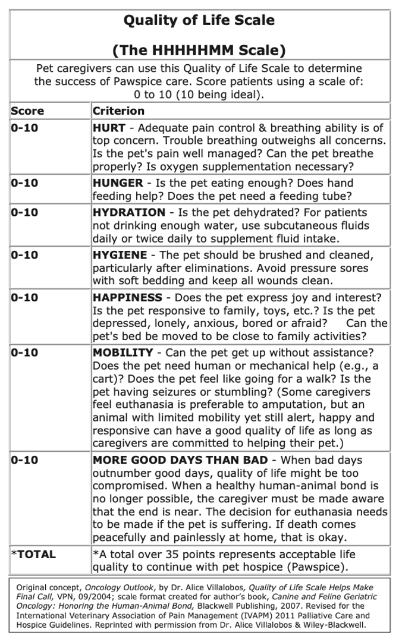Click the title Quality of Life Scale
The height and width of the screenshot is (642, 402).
coord(199,21)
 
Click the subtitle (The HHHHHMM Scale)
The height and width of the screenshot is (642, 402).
coord(199,49)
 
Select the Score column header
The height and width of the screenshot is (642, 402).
coord(27,111)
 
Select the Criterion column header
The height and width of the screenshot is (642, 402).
coord(118,111)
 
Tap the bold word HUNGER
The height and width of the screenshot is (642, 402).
coord(118,183)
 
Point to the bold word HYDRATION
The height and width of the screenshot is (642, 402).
coord(129,212)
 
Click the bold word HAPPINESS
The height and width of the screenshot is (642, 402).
coord(127,298)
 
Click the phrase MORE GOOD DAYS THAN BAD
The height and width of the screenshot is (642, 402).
coord(184,460)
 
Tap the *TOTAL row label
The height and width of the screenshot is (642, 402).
coord(34,555)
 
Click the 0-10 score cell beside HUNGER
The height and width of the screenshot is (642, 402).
coord(24,183)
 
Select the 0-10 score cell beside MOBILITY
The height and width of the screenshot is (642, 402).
coord(24,353)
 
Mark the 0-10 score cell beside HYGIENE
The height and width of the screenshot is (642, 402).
coord(24,255)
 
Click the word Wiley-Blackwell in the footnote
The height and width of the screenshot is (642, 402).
coord(333,625)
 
